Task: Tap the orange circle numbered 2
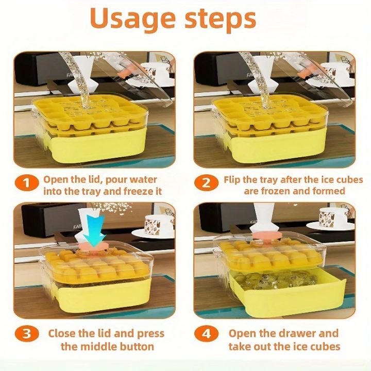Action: (x=207, y=183)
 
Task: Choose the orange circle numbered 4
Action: (x=207, y=333)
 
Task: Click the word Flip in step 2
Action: (x=232, y=180)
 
